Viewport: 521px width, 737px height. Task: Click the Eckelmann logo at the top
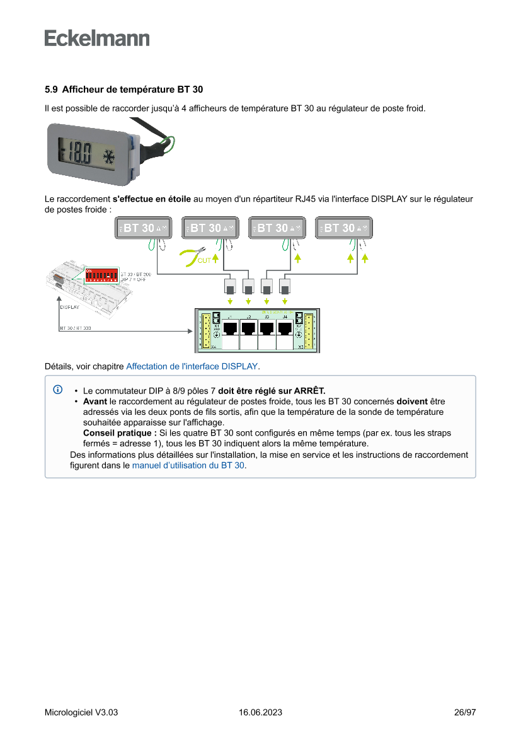[x=97, y=38]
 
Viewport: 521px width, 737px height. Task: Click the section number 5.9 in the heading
[x=51, y=90]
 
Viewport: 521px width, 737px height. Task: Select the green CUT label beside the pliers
[x=204, y=260]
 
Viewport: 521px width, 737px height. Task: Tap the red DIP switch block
[x=101, y=276]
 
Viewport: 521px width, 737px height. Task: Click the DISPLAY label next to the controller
[x=70, y=308]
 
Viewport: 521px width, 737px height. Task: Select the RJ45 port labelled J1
[x=231, y=329]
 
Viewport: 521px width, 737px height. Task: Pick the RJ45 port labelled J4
[x=285, y=329]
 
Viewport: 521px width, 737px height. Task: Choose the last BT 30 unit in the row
[x=343, y=228]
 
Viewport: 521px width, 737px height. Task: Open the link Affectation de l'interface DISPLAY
[x=192, y=366]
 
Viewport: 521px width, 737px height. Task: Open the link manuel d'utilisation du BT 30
[x=188, y=465]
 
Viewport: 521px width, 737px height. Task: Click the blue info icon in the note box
[x=57, y=390]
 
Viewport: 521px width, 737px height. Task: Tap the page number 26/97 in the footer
[x=465, y=712]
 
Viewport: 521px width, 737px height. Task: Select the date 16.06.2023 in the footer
[x=260, y=712]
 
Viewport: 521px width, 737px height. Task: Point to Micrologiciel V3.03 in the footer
[x=81, y=712]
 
